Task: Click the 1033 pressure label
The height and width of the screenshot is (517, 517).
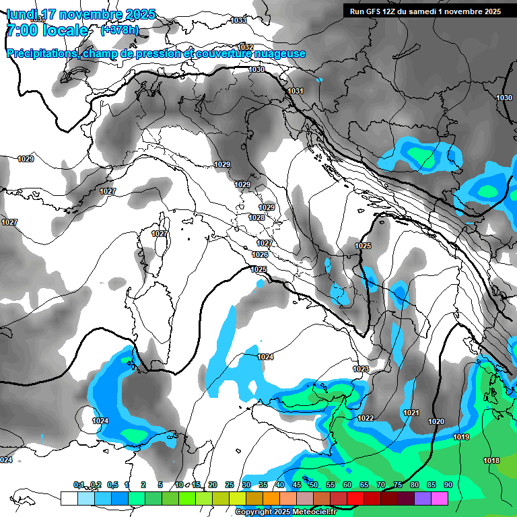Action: [238, 21]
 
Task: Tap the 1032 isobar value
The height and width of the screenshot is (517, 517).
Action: [246, 47]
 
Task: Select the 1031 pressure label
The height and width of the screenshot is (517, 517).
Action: [296, 91]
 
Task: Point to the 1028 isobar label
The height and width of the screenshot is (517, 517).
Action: [256, 217]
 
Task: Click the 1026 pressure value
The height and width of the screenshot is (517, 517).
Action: [260, 254]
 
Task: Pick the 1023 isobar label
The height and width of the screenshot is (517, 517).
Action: [361, 369]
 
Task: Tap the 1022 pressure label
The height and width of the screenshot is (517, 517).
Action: [366, 418]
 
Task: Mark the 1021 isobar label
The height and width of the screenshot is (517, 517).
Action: [411, 413]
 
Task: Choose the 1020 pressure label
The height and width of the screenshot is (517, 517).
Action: [436, 421]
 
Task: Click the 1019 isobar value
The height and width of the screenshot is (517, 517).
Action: [461, 438]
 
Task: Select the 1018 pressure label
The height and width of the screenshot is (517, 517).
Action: [491, 460]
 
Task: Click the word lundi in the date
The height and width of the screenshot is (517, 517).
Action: [22, 13]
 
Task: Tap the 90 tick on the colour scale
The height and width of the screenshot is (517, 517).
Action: [448, 485]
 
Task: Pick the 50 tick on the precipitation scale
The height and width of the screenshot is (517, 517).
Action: [314, 485]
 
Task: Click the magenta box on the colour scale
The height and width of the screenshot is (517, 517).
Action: [440, 498]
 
